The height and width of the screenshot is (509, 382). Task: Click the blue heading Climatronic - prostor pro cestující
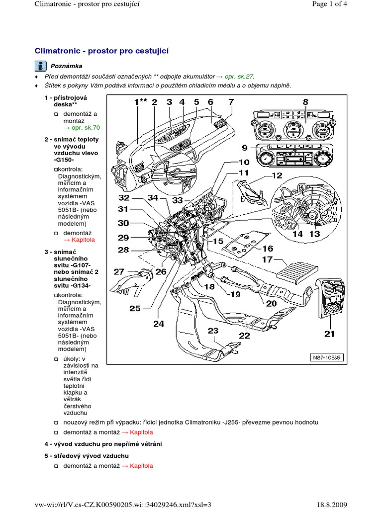tap(101, 51)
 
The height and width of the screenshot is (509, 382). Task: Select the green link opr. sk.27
tap(239, 77)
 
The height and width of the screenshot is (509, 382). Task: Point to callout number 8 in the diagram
tap(305, 102)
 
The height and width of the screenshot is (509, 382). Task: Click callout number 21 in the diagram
tap(329, 334)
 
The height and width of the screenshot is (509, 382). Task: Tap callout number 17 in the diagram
tap(267, 259)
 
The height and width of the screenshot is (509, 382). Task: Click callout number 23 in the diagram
tap(213, 331)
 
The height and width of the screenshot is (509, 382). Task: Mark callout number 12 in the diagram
tap(277, 175)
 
